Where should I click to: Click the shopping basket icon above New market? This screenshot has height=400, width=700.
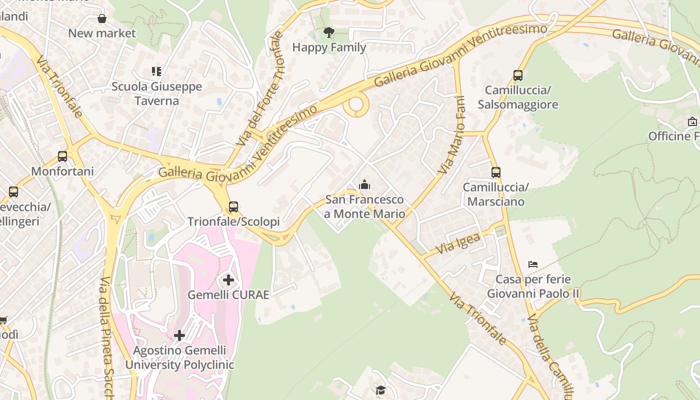coord(102,19)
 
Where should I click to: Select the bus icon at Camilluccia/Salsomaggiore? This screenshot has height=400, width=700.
coord(518,76)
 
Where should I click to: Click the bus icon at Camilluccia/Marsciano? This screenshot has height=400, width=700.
coord(495,172)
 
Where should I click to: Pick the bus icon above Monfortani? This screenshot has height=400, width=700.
coord(62,156)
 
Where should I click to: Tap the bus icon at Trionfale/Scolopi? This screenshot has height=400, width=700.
coord(233,206)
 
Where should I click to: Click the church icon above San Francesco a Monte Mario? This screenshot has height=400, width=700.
coord(364,185)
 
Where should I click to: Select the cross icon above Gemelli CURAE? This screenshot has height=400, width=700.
coord(228,280)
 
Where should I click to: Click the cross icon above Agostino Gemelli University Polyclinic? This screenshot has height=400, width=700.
coord(179,335)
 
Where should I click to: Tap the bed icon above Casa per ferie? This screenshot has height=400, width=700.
coord(533,264)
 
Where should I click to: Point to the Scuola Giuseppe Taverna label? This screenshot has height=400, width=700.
coord(156,93)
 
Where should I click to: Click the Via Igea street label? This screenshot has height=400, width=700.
coord(458,243)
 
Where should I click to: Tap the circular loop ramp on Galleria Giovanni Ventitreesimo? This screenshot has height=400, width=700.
coord(356,105)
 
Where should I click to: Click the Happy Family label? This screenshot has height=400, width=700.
coord(329,47)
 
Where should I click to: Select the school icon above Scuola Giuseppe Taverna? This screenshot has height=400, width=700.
coord(156,71)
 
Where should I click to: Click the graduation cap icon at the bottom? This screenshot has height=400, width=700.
coord(380,390)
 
